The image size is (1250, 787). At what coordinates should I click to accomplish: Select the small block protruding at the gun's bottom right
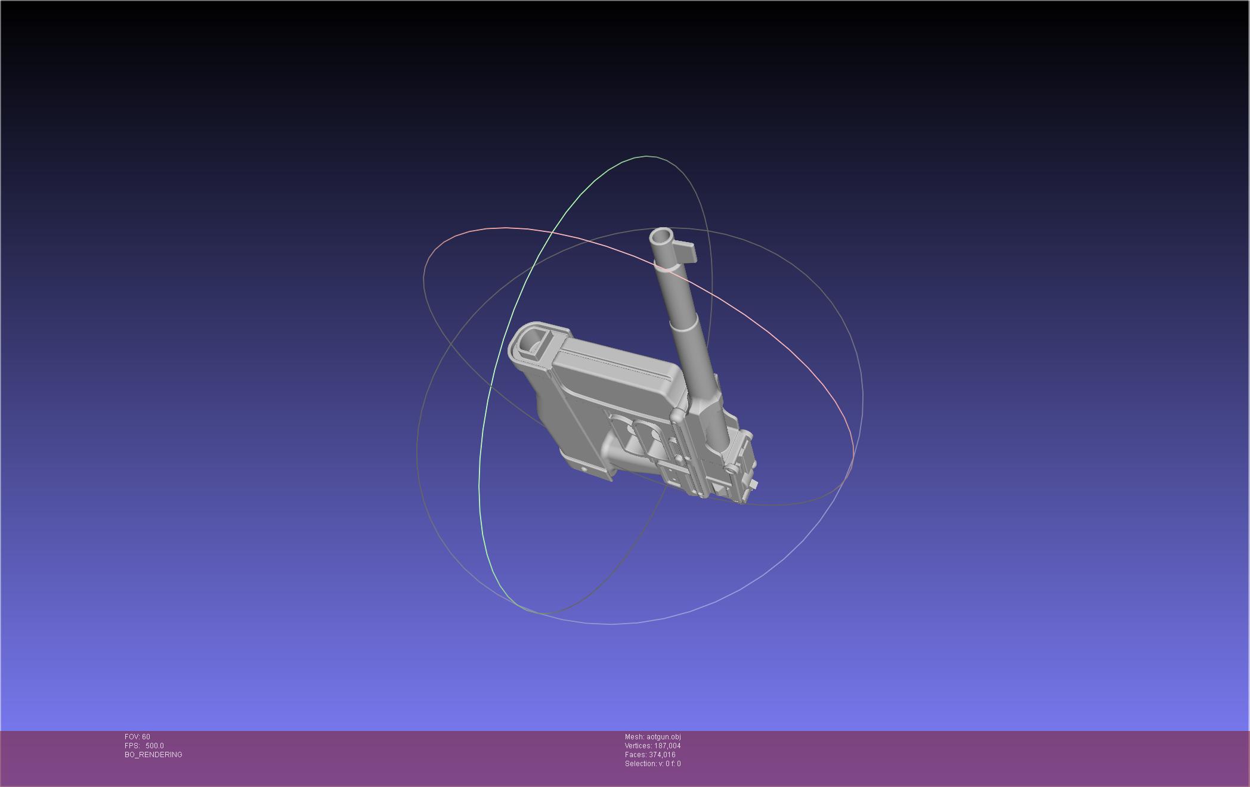[x=754, y=484]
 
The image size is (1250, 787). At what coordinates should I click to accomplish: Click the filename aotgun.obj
[x=664, y=737]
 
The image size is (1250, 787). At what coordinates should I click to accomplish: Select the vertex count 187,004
[x=667, y=746]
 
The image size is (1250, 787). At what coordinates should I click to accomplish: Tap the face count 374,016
[x=662, y=755]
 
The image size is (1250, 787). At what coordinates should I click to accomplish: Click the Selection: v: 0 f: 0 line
[x=652, y=764]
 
